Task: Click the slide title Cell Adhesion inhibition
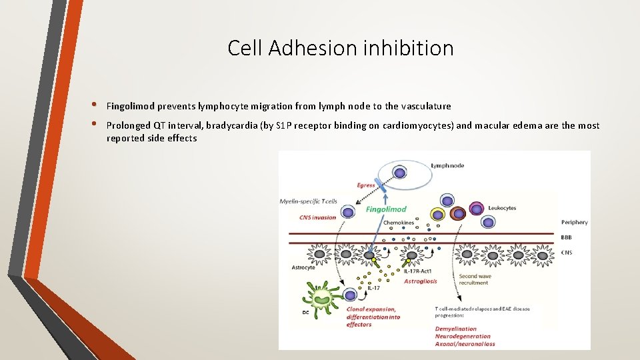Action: point(340,48)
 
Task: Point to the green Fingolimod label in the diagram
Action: point(386,209)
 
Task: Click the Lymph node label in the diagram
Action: point(447,165)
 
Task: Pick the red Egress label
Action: point(366,185)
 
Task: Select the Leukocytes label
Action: point(502,208)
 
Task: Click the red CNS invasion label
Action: point(318,217)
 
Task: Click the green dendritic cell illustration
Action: point(321,295)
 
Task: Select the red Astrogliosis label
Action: point(421,281)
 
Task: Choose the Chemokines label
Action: point(399,223)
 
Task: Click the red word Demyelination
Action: point(456,329)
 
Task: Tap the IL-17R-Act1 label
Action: point(417,271)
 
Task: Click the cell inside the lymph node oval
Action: point(399,173)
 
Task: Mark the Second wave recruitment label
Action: point(473,279)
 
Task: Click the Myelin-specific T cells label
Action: point(308,201)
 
